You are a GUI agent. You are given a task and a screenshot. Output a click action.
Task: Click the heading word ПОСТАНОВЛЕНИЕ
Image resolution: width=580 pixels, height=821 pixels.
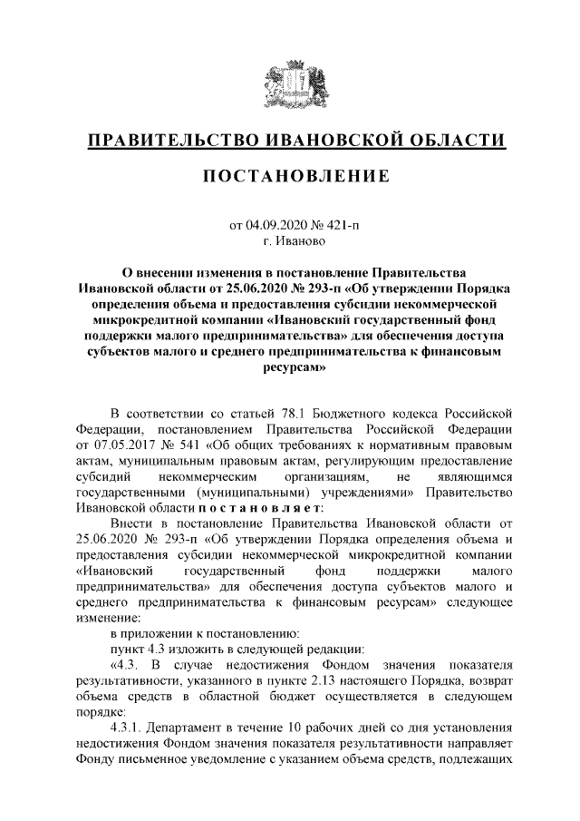[290, 174]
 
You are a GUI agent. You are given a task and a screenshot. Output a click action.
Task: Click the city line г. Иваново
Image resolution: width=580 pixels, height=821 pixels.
[290, 241]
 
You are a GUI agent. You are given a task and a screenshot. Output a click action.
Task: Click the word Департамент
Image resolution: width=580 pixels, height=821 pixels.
[191, 728]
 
